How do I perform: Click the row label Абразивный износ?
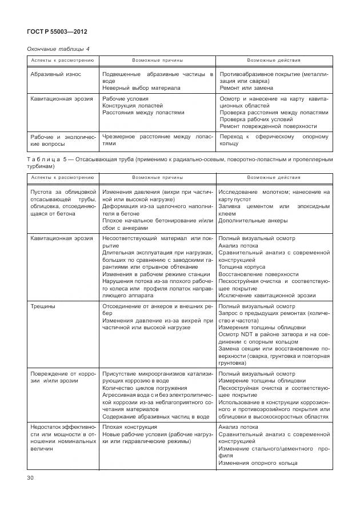tap(55, 74)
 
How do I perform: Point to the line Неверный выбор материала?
tap(141, 88)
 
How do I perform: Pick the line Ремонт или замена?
tap(246, 88)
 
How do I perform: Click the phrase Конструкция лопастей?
tap(132, 106)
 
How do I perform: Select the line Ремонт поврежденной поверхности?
tap(267, 126)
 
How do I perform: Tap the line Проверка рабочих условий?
tap(256, 119)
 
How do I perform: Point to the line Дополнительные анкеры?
tap(253, 221)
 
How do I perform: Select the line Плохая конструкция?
tap(129, 427)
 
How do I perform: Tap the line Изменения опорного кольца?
tap(255, 463)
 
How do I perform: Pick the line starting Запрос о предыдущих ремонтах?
tap(274, 313)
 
